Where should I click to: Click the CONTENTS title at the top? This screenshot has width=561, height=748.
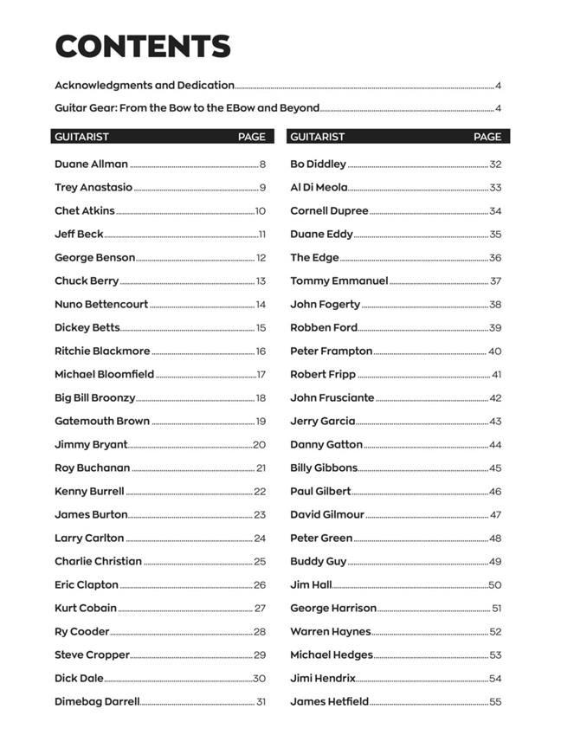click(x=143, y=47)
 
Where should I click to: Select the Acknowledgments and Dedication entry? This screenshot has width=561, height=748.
click(x=145, y=85)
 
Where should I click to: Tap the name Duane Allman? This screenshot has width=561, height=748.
click(x=91, y=164)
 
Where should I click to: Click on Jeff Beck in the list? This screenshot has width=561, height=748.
click(x=79, y=234)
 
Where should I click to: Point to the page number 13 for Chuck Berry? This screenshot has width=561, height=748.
click(x=261, y=281)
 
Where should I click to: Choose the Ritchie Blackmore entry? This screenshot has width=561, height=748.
click(x=102, y=351)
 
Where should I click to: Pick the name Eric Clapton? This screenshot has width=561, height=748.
click(x=87, y=585)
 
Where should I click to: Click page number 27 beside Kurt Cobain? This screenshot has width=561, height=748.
click(x=260, y=609)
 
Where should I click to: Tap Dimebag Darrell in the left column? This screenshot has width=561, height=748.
click(x=97, y=702)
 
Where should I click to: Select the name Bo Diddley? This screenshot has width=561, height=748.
click(x=318, y=164)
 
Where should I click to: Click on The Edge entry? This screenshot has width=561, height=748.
click(x=314, y=257)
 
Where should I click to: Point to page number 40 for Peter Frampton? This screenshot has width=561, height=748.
click(x=495, y=351)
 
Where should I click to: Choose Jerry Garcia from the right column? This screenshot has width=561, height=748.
click(x=322, y=422)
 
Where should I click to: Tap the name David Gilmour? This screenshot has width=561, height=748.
click(x=327, y=515)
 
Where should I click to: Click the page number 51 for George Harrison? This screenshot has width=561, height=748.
click(x=497, y=609)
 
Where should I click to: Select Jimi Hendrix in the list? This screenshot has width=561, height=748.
click(x=322, y=679)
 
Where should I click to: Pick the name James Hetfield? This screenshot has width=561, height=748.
click(x=329, y=702)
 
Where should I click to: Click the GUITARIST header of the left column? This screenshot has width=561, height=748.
click(x=81, y=137)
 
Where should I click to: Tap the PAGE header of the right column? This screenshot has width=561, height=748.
click(x=487, y=137)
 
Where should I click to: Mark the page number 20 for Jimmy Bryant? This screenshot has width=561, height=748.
click(x=260, y=445)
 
